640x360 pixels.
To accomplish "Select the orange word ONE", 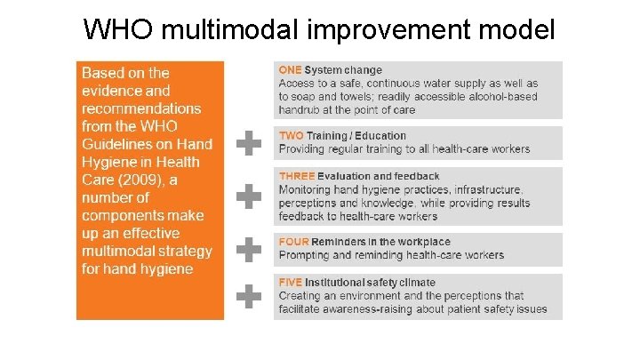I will click(x=290, y=70).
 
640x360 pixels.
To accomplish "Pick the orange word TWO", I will click(x=291, y=136).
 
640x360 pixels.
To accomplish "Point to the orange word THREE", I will click(x=295, y=176).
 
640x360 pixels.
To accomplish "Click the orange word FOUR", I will click(x=293, y=242).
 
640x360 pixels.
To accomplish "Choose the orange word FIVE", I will click(x=291, y=283).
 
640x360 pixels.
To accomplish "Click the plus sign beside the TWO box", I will click(x=249, y=143).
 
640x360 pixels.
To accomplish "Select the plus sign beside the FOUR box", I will click(x=249, y=249).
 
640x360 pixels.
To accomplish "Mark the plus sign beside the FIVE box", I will click(x=249, y=295).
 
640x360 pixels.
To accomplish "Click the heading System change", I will click(x=343, y=70).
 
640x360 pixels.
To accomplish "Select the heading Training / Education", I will click(x=355, y=136).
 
